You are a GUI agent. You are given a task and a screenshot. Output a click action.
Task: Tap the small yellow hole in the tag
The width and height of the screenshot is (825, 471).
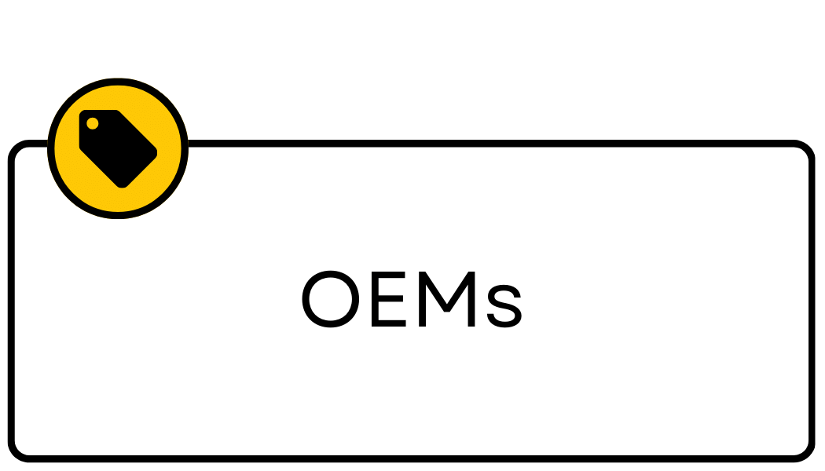pos(93,123)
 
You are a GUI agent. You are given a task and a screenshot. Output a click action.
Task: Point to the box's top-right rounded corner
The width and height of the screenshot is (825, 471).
pos(805,150)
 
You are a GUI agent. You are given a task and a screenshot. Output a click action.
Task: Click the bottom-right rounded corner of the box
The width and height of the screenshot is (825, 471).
pos(805,451)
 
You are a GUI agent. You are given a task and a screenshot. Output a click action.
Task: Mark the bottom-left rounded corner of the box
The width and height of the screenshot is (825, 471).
pos(17,451)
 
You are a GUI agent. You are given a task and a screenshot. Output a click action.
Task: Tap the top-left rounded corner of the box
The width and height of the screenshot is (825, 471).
pos(17,150)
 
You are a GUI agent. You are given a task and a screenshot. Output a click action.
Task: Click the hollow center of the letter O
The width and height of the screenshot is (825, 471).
pos(329,300)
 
